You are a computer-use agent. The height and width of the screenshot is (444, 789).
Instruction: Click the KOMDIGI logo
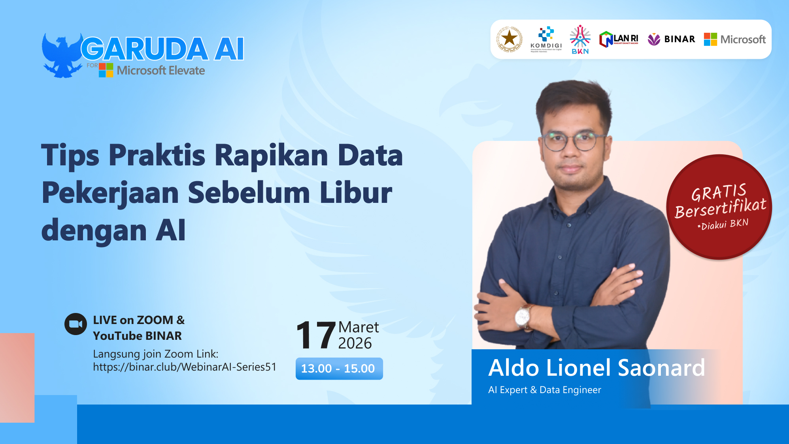[x=546, y=39]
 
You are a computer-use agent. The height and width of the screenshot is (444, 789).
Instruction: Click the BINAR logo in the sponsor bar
[x=671, y=39]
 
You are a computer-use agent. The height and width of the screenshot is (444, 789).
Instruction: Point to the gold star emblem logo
[x=510, y=39]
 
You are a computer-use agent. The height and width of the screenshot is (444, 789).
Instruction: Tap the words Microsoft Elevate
[x=161, y=71]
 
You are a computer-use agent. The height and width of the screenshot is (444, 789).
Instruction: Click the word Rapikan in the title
[x=272, y=155]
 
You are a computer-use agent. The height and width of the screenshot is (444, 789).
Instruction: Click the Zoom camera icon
[x=76, y=324]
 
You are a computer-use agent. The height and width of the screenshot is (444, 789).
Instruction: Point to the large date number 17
[x=315, y=335]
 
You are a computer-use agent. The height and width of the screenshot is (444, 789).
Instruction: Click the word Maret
[x=359, y=327]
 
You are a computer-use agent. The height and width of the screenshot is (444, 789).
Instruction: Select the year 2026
[x=355, y=343]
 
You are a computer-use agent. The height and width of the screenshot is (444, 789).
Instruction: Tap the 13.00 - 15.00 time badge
[x=339, y=369]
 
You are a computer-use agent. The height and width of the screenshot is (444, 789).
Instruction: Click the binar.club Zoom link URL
[x=185, y=367]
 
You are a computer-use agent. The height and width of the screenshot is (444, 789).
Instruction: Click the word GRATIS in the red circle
[x=719, y=193]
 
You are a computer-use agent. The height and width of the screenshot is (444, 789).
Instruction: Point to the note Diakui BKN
[x=723, y=225]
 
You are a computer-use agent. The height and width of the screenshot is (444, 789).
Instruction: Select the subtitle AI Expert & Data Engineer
[x=544, y=390]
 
